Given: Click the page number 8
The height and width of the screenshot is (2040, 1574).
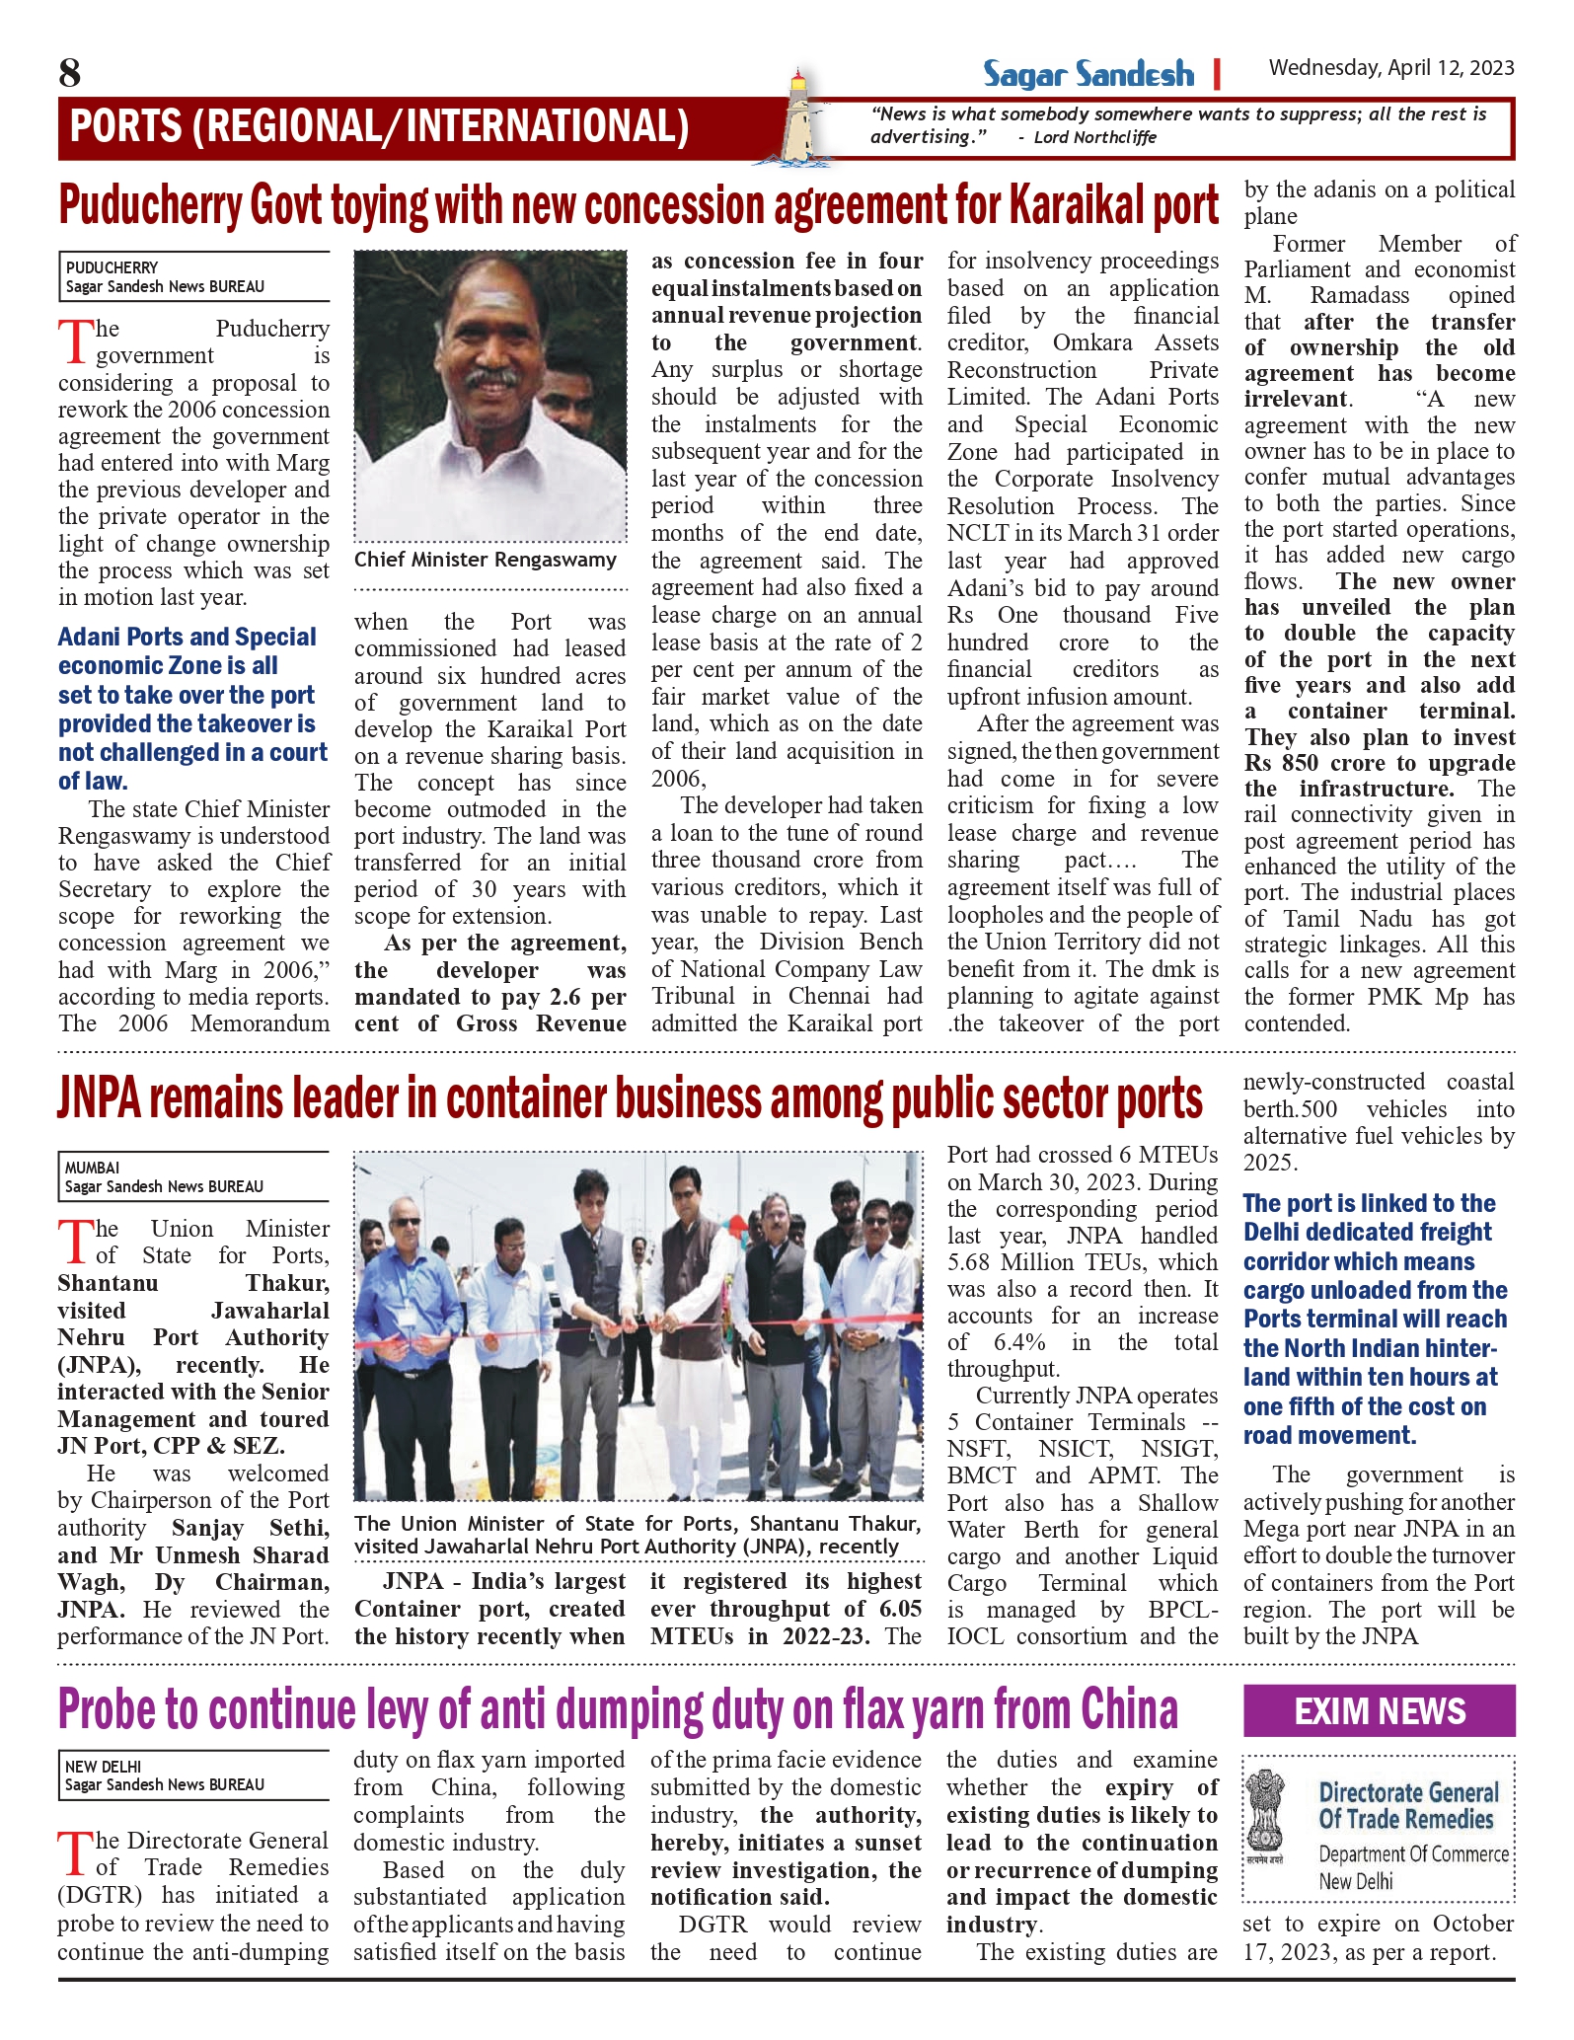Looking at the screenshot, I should [x=70, y=73].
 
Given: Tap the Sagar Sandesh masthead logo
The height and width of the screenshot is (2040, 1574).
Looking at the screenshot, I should [x=1087, y=75].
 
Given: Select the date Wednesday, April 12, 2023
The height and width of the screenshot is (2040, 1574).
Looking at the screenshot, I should [x=1390, y=68].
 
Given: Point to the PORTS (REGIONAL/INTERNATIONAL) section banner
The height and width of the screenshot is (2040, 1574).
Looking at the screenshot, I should [x=380, y=127].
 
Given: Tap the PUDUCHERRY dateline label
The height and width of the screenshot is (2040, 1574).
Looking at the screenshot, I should [x=112, y=267].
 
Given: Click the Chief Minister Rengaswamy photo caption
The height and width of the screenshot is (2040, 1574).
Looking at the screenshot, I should [x=485, y=561].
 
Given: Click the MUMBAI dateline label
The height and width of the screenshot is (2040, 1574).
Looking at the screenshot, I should [x=92, y=1168].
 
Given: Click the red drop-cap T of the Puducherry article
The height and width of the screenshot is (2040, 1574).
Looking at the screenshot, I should [x=75, y=341].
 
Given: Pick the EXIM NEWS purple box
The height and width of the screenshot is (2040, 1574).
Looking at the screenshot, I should [x=1379, y=1710].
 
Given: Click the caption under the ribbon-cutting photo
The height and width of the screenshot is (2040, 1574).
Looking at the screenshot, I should [x=637, y=1535].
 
